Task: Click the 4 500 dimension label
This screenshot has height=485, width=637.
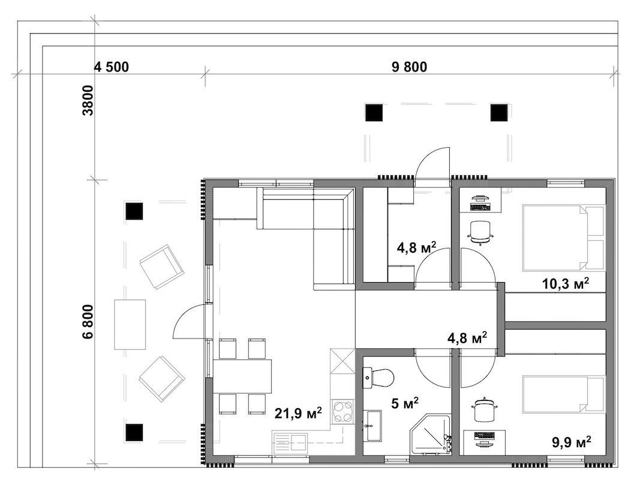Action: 112,67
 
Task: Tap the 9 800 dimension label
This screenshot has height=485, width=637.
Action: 410,67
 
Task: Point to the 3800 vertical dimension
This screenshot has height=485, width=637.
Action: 88,100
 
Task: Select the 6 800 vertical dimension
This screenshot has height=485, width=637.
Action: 88,321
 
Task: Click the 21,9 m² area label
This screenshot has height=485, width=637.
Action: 298,413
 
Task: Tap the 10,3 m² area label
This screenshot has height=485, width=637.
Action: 566,283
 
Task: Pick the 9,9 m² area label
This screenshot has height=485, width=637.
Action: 572,442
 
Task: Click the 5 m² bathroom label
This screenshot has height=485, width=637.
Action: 405,403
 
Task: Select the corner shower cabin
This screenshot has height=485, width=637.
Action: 431,434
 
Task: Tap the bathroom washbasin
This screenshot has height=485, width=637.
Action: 372,426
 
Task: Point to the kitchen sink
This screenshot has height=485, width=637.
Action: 290,442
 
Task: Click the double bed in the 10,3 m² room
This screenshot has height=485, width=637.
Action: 563,238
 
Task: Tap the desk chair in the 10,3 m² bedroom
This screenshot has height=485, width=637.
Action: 481,232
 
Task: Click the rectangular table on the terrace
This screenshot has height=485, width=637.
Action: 130,324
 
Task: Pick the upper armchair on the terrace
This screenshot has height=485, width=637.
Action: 161,267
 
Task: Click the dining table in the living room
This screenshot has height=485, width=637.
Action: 243,376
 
